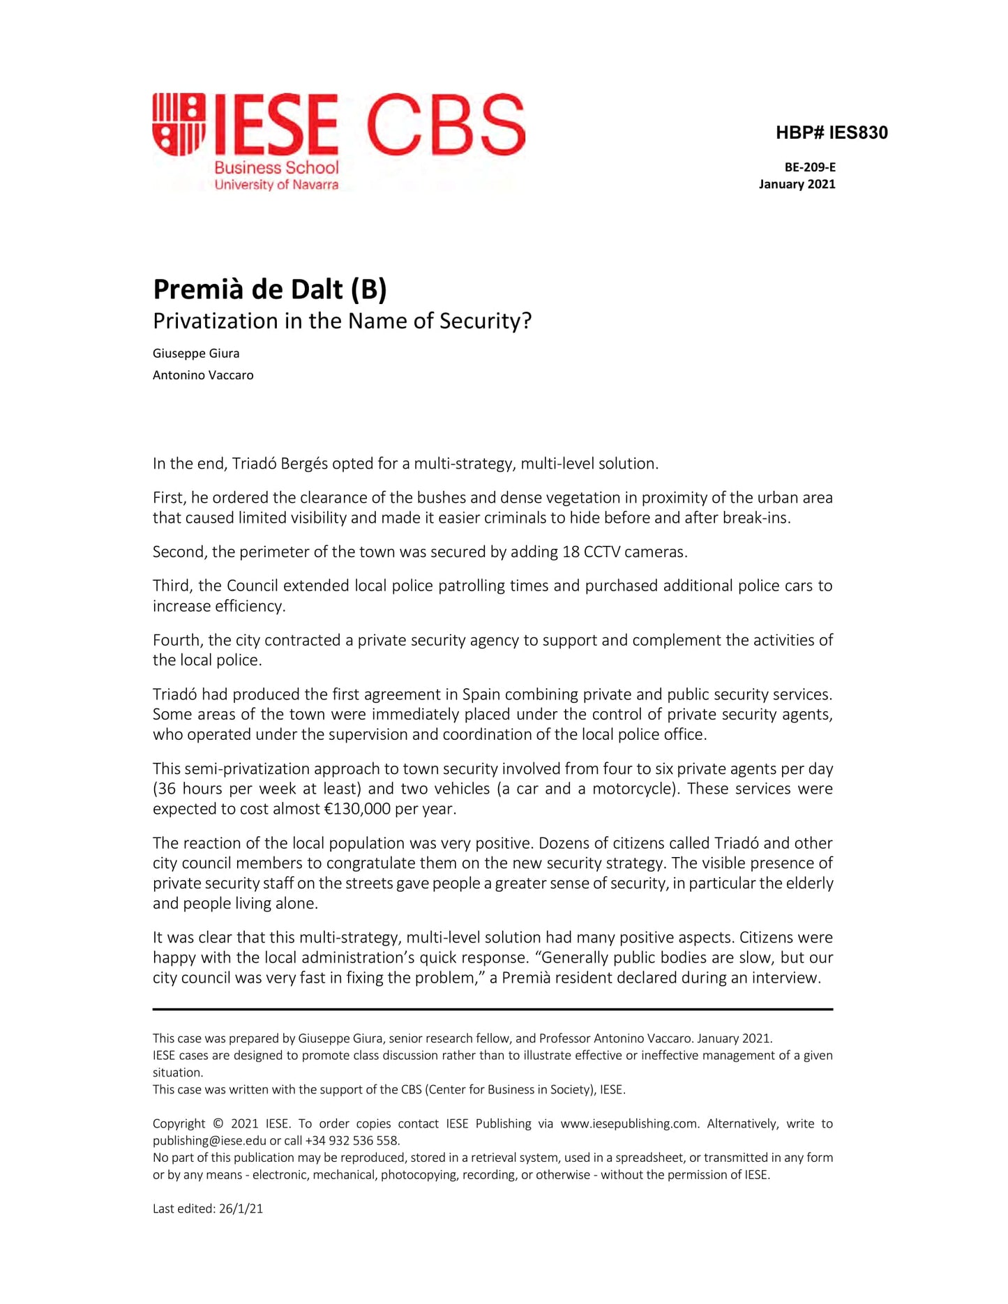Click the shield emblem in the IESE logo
point(179,124)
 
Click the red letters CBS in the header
point(445,125)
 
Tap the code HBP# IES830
point(832,132)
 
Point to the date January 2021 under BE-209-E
point(797,184)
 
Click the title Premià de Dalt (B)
point(269,289)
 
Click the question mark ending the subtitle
point(526,321)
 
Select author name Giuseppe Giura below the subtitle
point(196,354)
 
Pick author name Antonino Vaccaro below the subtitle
point(203,375)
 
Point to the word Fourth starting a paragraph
point(176,640)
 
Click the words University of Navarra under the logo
point(276,185)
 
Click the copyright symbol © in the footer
point(218,1123)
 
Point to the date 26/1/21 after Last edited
point(241,1208)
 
